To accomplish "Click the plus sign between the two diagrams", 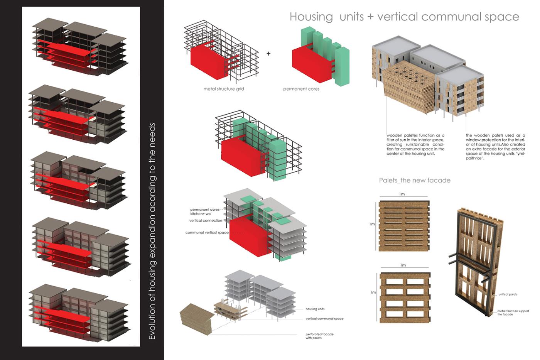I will coord(268,54).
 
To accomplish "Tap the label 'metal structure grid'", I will coord(224,89).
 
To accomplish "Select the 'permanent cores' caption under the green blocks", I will coord(301,89).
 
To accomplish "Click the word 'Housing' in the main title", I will coord(311,17).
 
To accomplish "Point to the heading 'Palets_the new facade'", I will coord(415,180).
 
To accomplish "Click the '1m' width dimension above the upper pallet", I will coord(402,194).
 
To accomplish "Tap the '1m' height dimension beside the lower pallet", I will coord(373,292).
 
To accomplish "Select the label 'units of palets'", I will coord(508,294).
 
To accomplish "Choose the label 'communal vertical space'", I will coord(207,233).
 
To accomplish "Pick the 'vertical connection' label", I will coord(206,221).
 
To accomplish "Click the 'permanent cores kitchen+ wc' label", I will coord(204,211).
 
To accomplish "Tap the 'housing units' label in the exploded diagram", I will coord(315,309).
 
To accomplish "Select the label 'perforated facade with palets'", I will coord(319,336).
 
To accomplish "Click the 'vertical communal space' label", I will coord(324,319).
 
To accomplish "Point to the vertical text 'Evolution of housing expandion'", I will coord(152,232).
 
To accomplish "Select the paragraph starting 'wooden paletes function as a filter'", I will coord(415,144).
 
